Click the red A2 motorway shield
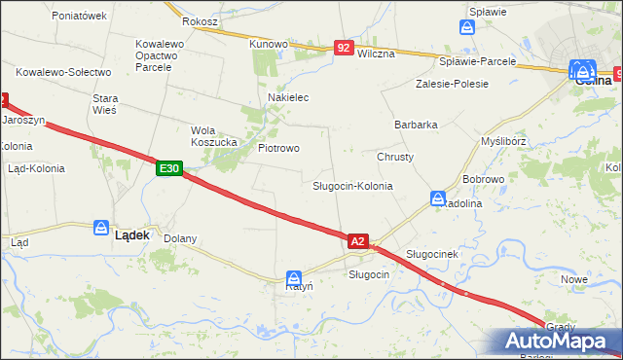(357, 240)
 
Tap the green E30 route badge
(169, 168)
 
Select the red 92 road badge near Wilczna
(343, 47)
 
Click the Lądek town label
(132, 234)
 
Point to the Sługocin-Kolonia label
(352, 185)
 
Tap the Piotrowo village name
(278, 148)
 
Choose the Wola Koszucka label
(215, 136)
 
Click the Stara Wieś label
(104, 104)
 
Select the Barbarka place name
(416, 125)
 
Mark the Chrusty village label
(395, 157)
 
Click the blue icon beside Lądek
(101, 228)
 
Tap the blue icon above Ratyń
(293, 276)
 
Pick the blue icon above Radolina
(438, 198)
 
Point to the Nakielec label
(288, 97)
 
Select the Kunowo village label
(269, 44)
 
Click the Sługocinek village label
(431, 253)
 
